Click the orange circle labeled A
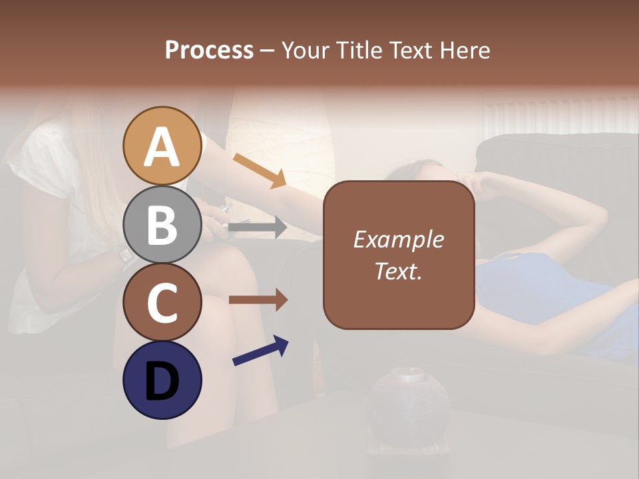point(162,146)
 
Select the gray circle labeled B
point(162,224)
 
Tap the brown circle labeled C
point(162,303)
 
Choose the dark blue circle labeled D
point(162,380)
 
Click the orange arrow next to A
point(260,170)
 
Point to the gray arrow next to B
point(257,228)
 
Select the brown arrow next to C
point(258,300)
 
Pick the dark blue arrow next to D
point(260,351)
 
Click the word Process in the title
point(209,51)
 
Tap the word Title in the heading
point(359,51)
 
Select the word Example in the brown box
point(398,239)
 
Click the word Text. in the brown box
point(398,271)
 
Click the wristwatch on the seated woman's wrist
point(124,253)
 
